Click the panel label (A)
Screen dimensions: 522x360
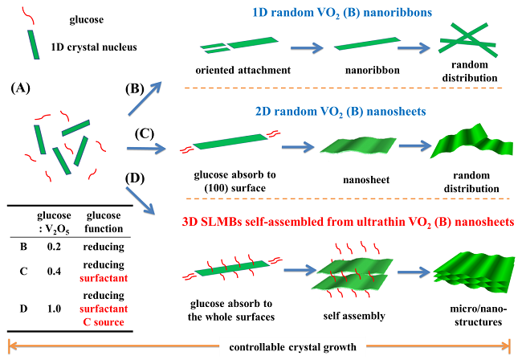point(21,88)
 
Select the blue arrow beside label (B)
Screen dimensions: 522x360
point(145,99)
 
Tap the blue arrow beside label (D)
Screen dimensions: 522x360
point(141,201)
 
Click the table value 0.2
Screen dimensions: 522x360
point(54,247)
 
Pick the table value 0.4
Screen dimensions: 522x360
point(54,271)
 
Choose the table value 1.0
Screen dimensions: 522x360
point(54,309)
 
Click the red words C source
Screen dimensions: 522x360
point(104,322)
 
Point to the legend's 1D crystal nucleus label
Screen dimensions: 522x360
point(94,47)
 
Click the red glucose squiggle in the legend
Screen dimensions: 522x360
point(28,15)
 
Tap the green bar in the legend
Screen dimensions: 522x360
point(33,45)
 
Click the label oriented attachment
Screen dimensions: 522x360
point(243,70)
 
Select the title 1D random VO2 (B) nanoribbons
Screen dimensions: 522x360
point(342,13)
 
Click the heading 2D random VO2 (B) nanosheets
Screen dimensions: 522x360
point(341,112)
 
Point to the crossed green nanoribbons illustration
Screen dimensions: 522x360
point(467,39)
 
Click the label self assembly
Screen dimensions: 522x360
point(354,316)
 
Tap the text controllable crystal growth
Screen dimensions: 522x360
point(292,347)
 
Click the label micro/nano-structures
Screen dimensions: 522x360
point(479,315)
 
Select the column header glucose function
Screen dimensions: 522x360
point(104,222)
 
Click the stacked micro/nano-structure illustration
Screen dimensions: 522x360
point(474,273)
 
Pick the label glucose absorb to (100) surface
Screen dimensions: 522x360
point(235,182)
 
